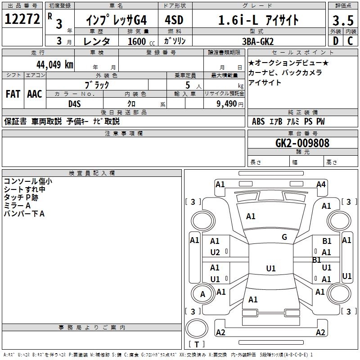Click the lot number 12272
click(22, 20)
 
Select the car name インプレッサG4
click(117, 20)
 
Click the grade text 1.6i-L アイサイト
click(258, 20)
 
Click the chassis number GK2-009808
click(302, 143)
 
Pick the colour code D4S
click(75, 103)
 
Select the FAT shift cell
click(13, 94)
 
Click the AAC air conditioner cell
click(34, 94)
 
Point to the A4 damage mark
click(321, 184)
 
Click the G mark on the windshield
click(284, 237)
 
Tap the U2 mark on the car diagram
click(215, 252)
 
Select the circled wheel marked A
click(202, 294)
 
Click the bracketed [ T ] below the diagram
click(197, 345)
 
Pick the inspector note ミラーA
click(18, 205)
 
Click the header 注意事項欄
click(124, 133)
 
